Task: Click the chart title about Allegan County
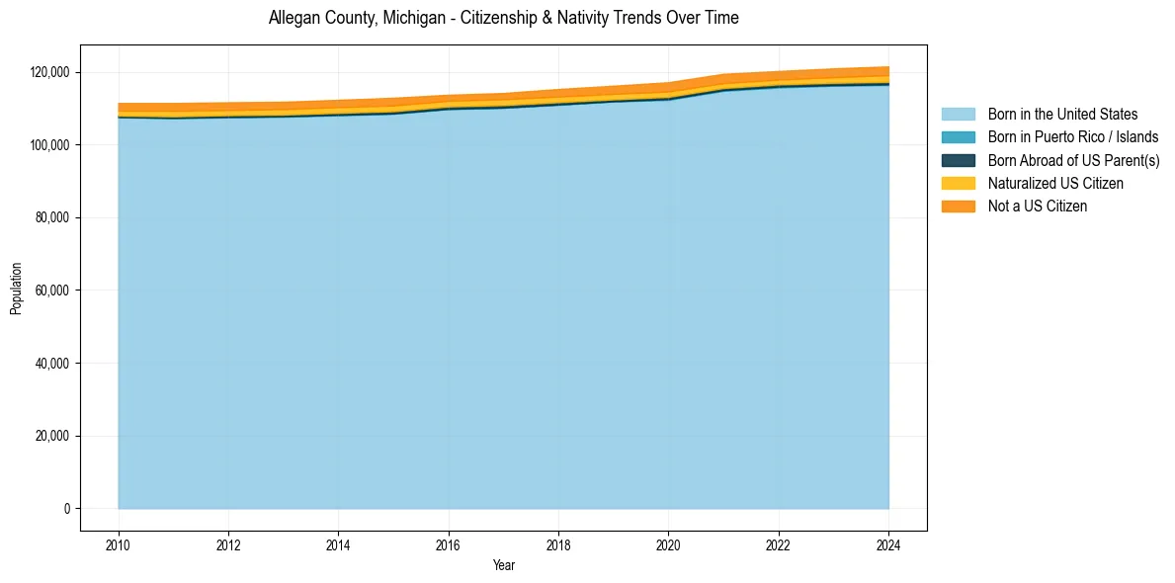click(x=503, y=18)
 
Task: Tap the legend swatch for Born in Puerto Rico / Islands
click(x=958, y=137)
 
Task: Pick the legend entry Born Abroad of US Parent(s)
click(x=1073, y=160)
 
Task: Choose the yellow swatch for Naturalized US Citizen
click(x=958, y=183)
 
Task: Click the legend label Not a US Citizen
click(x=1037, y=206)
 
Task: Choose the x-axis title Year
click(x=503, y=565)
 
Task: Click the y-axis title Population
click(x=16, y=289)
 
